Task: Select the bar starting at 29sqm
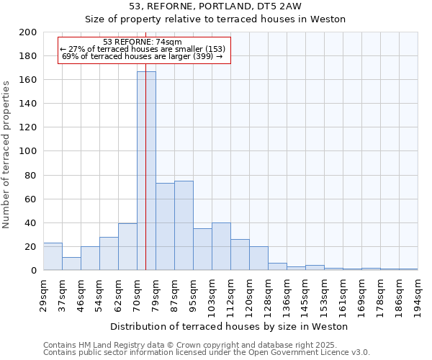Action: [x=53, y=256]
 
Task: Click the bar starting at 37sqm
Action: [x=71, y=264]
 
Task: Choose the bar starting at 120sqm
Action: [x=258, y=258]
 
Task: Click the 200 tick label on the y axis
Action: [x=28, y=32]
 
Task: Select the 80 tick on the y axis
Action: [x=30, y=175]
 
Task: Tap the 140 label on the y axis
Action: [x=28, y=104]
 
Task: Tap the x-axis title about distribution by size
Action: [x=229, y=326]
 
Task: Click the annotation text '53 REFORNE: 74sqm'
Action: [x=143, y=42]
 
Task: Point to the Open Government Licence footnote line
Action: [x=207, y=352]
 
